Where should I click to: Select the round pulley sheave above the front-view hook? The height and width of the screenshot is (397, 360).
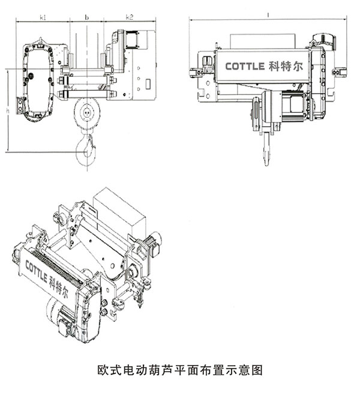[88, 111]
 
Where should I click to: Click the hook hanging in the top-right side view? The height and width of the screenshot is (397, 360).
[266, 150]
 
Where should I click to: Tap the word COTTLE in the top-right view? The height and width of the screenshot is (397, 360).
[245, 66]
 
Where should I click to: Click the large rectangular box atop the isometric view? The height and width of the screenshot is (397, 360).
[119, 210]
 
